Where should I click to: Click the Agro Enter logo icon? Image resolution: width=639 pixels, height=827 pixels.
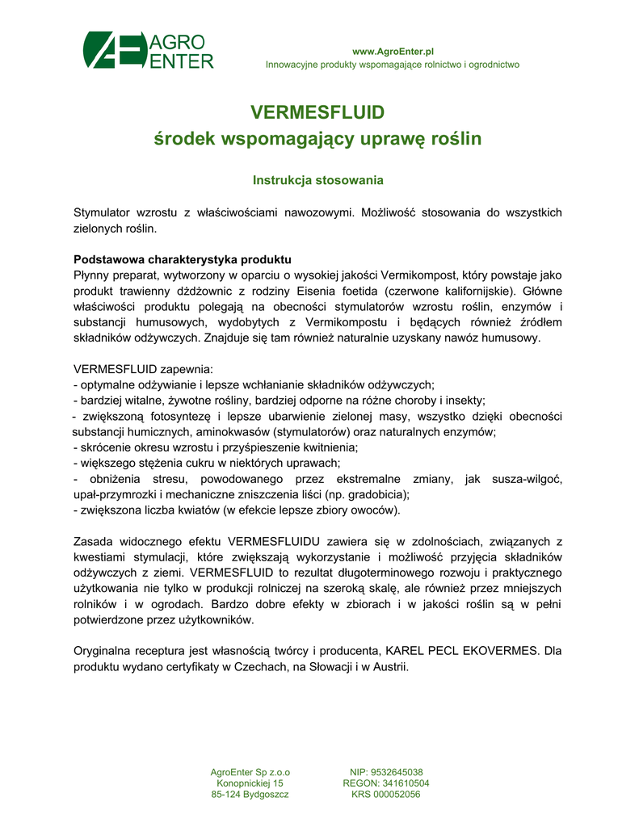tap(113, 51)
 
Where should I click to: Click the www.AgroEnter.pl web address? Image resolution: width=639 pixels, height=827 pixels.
tap(392, 51)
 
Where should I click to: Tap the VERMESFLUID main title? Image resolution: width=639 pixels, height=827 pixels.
tap(317, 111)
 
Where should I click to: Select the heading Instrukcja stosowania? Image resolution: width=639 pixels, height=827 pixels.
tap(317, 179)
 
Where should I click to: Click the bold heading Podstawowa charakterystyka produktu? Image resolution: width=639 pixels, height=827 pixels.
tap(182, 260)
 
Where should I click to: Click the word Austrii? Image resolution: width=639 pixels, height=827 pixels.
tap(389, 666)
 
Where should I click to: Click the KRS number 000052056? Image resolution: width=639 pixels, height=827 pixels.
tap(397, 795)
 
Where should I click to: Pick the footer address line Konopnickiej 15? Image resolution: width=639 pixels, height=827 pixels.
tap(250, 783)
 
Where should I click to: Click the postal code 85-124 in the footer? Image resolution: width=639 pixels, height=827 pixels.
tap(226, 795)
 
